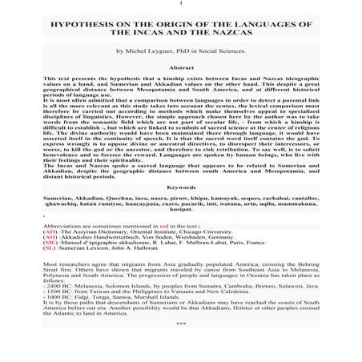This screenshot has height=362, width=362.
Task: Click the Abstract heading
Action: [181, 67]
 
